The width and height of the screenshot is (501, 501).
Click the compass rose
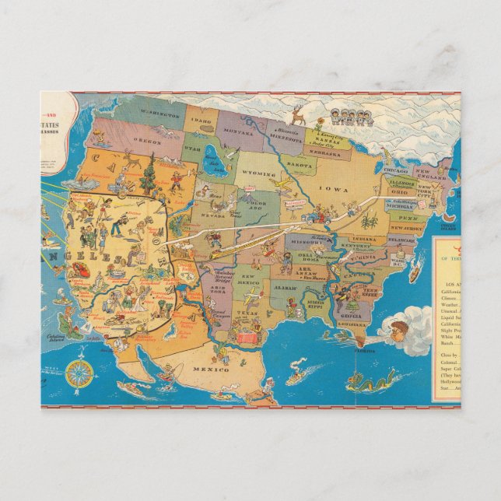[x=78, y=373]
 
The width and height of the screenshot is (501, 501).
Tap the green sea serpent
[x=366, y=380]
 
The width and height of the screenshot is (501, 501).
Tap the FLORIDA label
[x=364, y=351]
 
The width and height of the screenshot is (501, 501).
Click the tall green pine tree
[x=149, y=177]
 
